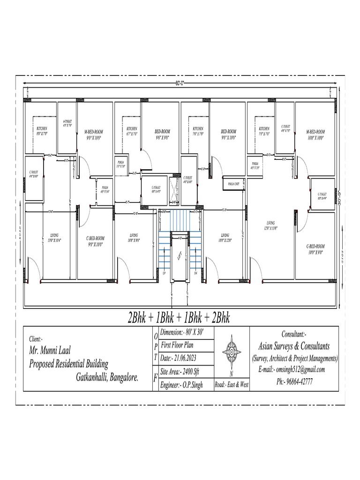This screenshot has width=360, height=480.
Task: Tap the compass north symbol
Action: (x=232, y=352)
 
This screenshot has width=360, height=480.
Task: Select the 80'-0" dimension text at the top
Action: (x=180, y=83)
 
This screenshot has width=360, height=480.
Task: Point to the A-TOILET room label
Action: (x=67, y=124)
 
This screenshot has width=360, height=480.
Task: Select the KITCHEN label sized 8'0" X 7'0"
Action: (x=42, y=131)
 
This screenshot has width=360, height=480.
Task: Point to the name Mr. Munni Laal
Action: (x=50, y=351)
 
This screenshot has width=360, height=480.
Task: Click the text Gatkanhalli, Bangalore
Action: (x=107, y=376)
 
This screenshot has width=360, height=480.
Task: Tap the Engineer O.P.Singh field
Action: (x=181, y=385)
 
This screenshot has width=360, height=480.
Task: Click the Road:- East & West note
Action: (x=232, y=385)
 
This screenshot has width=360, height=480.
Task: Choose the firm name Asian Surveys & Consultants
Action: (x=294, y=346)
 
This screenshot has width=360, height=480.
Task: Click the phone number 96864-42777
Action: (x=295, y=382)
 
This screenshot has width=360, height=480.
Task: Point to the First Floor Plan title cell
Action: (x=178, y=345)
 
